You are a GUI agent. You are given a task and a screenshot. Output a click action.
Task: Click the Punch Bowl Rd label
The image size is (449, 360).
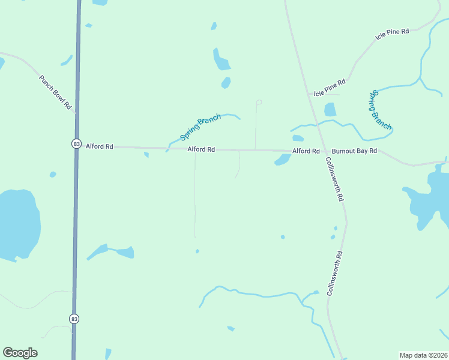click(x=56, y=92)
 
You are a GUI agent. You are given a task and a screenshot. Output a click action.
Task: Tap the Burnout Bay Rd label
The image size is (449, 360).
click(x=354, y=151)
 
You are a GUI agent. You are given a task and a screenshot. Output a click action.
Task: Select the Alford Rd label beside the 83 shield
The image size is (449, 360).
click(x=99, y=146)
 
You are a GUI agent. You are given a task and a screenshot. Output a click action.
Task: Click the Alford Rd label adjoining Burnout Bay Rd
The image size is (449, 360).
click(x=306, y=151)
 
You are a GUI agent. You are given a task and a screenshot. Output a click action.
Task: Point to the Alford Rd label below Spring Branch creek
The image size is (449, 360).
click(x=200, y=149)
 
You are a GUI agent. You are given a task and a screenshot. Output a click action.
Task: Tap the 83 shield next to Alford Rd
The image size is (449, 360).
click(x=76, y=144)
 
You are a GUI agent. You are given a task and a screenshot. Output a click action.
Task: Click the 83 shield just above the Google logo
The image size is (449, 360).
click(x=73, y=318)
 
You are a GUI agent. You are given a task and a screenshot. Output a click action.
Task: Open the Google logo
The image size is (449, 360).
click(x=20, y=353)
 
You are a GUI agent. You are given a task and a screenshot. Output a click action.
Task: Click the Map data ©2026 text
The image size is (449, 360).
click(x=423, y=355)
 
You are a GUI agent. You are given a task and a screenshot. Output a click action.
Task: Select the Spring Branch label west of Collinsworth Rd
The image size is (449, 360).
click(x=200, y=127)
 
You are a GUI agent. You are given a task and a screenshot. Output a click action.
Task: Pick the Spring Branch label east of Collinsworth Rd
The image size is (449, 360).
click(x=381, y=110)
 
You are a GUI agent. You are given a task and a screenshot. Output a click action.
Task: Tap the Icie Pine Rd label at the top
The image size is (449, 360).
click(x=391, y=33)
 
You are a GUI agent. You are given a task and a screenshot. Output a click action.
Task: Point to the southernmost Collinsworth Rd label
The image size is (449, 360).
click(x=334, y=272)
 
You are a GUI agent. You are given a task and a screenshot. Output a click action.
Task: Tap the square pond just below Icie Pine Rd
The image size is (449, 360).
click(x=330, y=110)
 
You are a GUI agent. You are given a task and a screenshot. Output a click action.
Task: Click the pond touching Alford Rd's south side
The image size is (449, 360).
click(x=283, y=159)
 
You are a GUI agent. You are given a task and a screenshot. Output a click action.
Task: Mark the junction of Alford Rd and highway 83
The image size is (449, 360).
click(x=76, y=146)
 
